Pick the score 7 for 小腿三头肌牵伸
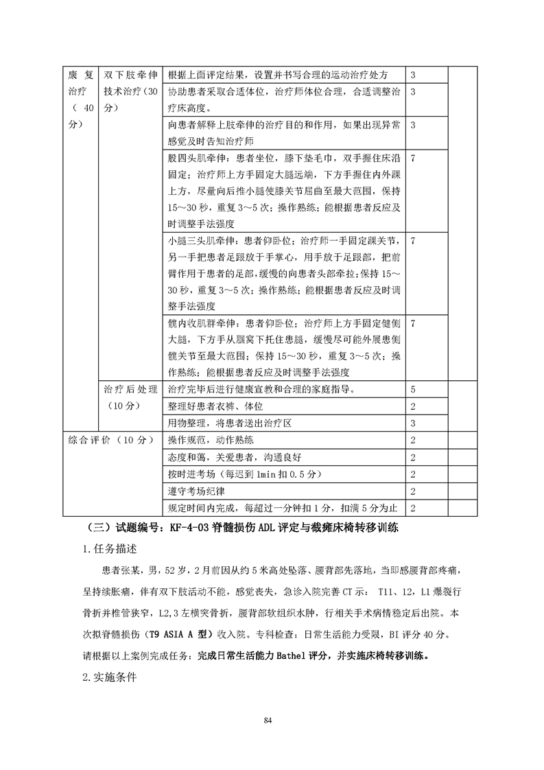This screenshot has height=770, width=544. pos(413,241)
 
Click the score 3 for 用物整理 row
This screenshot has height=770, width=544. pos(413,423)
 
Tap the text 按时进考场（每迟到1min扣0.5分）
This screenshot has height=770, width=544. pos(253,474)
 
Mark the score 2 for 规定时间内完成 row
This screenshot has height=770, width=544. pos(413,509)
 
